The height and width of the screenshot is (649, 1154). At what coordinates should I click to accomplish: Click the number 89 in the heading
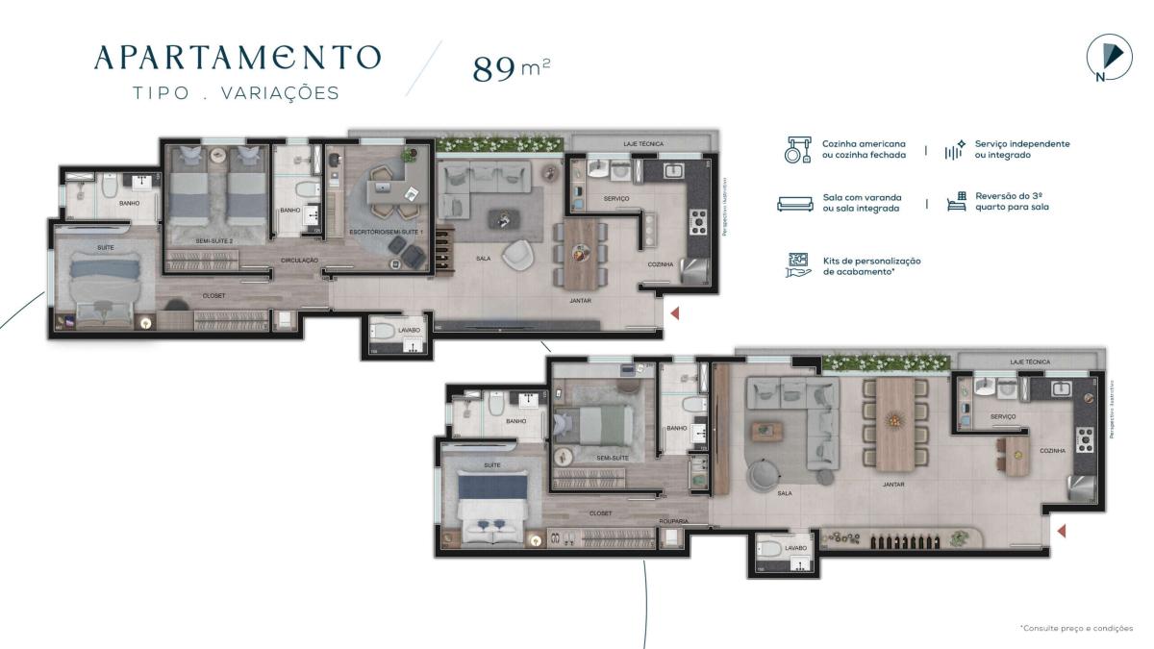coord(493,69)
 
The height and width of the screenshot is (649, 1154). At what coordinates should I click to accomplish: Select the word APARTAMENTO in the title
coord(237,58)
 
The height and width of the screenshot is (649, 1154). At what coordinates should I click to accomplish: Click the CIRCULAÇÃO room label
coord(299,260)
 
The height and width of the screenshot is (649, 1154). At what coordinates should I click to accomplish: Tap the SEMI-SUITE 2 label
coord(213,240)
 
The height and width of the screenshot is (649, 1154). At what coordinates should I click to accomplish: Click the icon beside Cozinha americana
coord(794,150)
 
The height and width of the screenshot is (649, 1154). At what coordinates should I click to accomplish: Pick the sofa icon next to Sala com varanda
coord(794,203)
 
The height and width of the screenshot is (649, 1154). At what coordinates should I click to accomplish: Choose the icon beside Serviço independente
coord(954,149)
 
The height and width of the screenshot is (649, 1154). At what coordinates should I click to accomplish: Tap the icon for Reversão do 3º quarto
coord(955,201)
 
